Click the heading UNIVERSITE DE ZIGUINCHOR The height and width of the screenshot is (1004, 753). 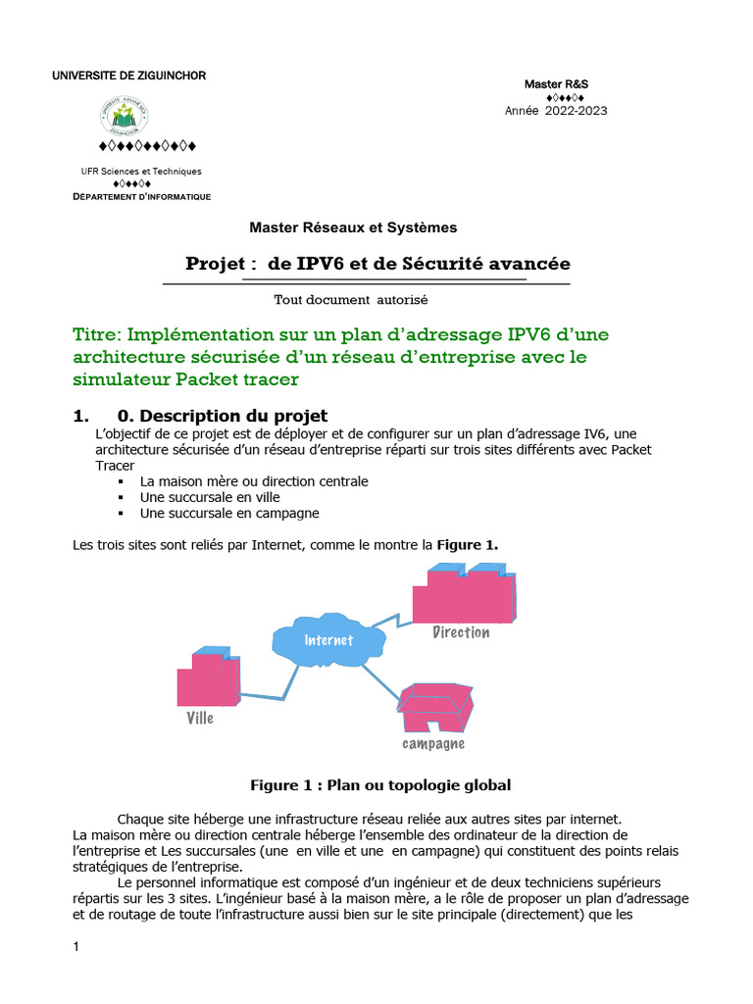(x=128, y=76)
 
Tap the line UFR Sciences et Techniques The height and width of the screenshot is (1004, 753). (x=140, y=172)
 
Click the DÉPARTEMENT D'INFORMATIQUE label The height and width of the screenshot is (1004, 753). (x=142, y=197)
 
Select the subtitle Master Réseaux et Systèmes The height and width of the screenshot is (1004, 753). (x=353, y=227)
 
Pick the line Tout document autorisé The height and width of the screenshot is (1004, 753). (x=351, y=299)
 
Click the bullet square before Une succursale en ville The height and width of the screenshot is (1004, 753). (x=122, y=498)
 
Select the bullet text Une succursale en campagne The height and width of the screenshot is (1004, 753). (x=229, y=513)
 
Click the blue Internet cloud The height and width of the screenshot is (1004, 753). (x=327, y=640)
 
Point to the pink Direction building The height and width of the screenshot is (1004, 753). (x=463, y=595)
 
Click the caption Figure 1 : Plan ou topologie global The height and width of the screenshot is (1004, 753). (x=380, y=785)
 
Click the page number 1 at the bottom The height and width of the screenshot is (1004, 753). (x=76, y=947)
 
